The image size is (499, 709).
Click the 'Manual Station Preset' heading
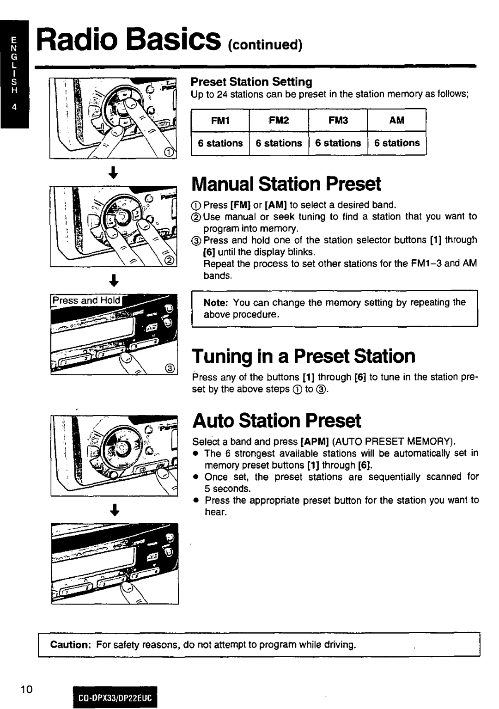click(x=286, y=184)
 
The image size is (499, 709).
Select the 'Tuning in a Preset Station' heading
click(x=304, y=356)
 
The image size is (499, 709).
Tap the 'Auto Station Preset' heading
click(x=276, y=421)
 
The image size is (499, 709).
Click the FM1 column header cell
click(x=220, y=121)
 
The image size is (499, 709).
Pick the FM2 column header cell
click(x=279, y=121)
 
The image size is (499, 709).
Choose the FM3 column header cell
click(x=338, y=121)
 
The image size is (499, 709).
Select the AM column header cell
click(x=396, y=121)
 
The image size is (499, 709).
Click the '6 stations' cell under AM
click(x=397, y=143)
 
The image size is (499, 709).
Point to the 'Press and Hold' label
click(x=86, y=300)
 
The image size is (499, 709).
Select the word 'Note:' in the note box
click(x=216, y=302)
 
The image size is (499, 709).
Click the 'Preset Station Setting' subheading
click(x=252, y=82)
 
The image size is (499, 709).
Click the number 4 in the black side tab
click(x=14, y=110)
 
